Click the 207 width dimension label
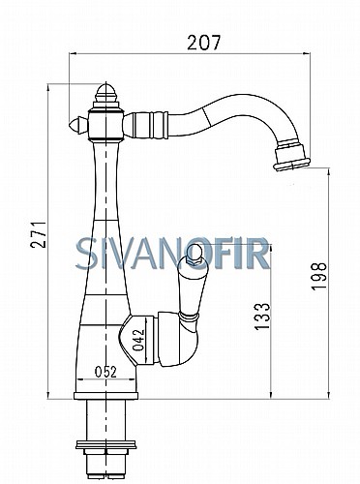click(204, 43)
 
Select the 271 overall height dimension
click(39, 234)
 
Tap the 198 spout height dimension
click(319, 276)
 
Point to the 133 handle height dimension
click(261, 317)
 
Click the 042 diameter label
click(138, 340)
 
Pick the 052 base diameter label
click(105, 372)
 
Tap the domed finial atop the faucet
click(106, 94)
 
